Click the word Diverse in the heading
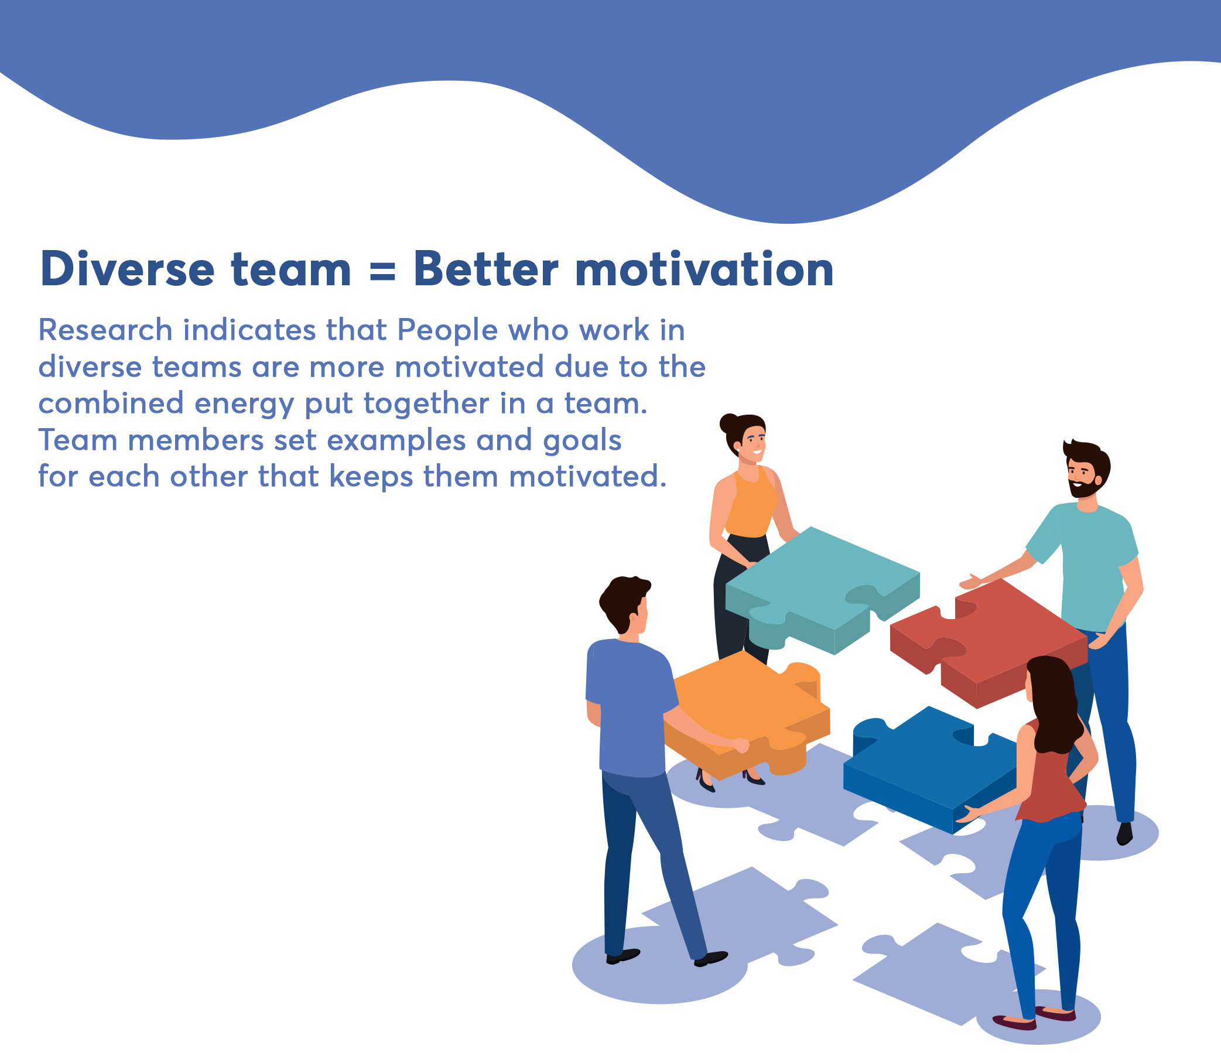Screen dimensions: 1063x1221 coord(127,270)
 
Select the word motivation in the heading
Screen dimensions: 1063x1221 coord(704,270)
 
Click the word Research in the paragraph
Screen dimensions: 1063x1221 coord(105,330)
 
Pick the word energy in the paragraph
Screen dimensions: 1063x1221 coord(244,405)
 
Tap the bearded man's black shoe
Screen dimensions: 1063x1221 coord(1124,833)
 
